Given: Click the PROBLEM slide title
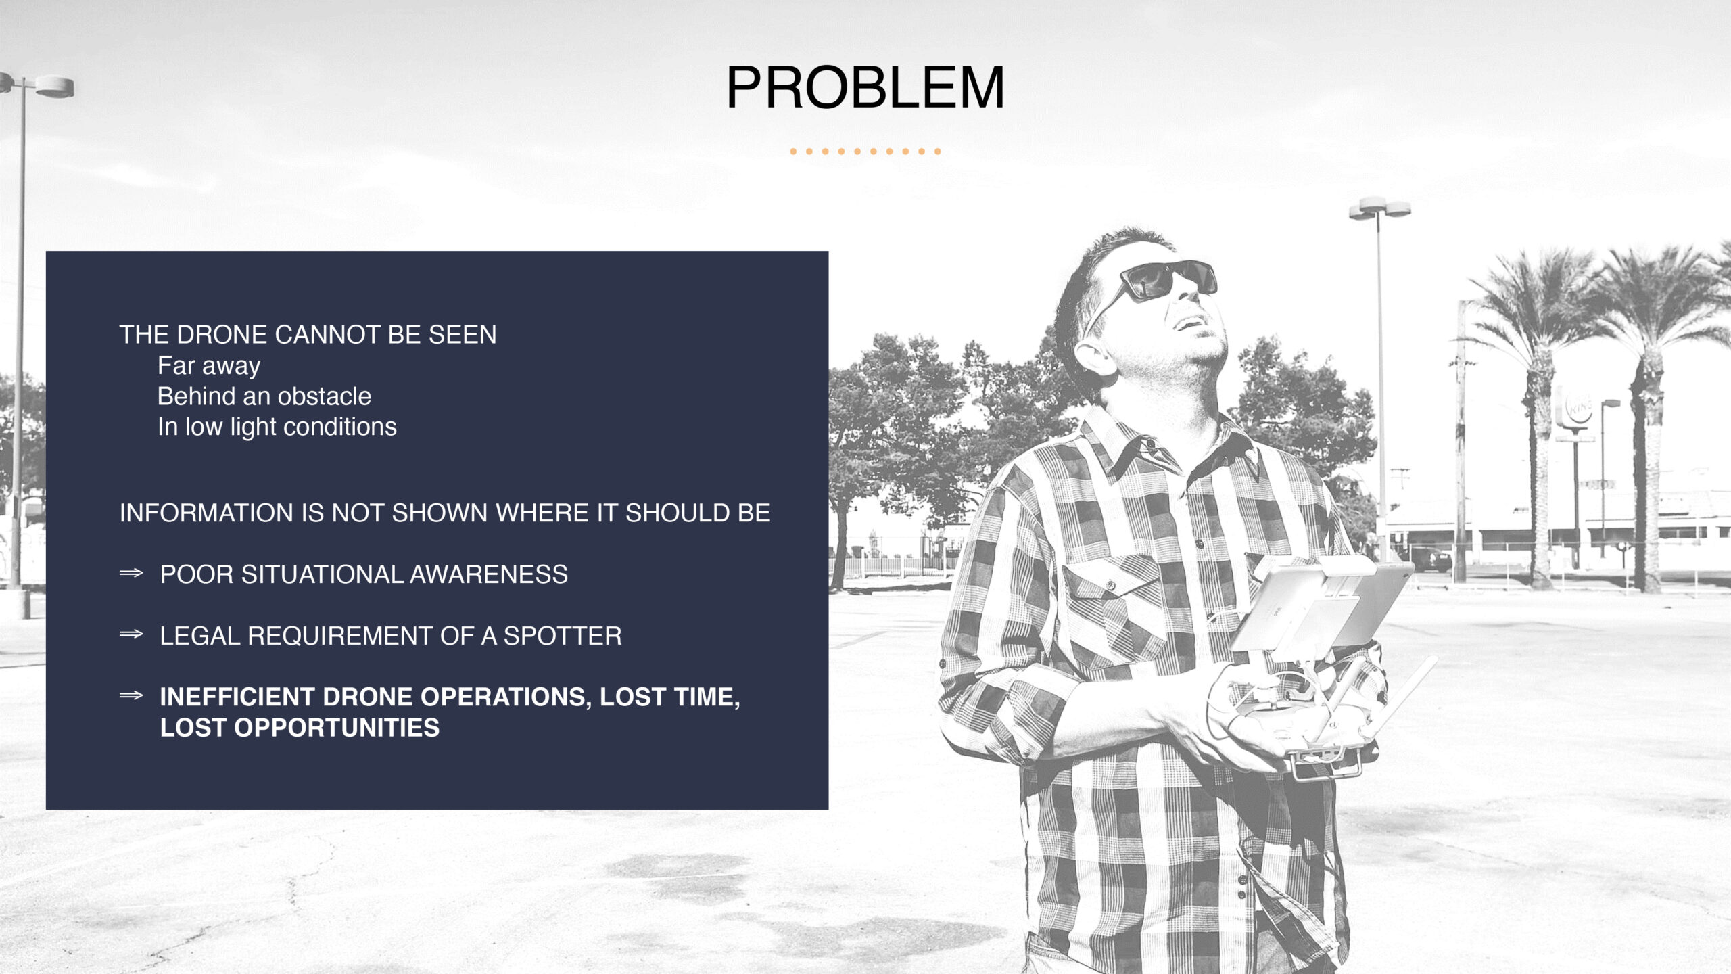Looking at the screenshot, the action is [865, 88].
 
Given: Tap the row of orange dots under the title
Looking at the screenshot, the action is [865, 152].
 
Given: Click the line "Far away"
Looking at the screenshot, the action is [209, 366].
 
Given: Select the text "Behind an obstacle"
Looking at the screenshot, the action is [264, 396].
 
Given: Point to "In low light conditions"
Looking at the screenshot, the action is [277, 427].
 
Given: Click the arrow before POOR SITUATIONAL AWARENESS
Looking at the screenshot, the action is [131, 574].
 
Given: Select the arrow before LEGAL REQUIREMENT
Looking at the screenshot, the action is [131, 634].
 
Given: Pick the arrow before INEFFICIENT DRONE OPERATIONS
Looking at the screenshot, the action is [131, 695].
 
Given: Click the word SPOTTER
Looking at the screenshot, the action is [563, 636].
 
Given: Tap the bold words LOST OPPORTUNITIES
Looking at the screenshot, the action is [300, 728].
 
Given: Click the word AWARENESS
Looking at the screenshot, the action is [489, 575].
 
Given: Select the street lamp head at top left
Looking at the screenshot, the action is [37, 86].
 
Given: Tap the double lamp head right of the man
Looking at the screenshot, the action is [1379, 208].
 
